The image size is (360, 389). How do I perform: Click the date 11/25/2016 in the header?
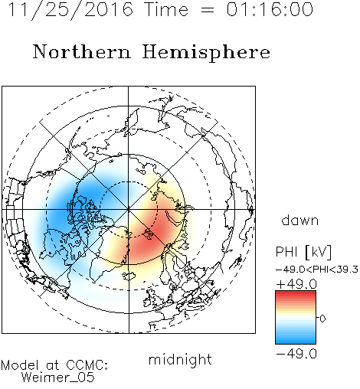(x=70, y=10)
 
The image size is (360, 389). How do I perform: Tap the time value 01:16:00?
(x=270, y=9)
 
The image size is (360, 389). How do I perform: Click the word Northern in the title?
(x=82, y=51)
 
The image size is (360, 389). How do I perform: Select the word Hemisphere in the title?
(x=206, y=53)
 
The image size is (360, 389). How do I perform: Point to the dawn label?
(x=300, y=220)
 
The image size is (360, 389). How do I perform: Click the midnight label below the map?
(x=180, y=360)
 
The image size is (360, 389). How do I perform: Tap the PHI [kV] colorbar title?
(x=303, y=252)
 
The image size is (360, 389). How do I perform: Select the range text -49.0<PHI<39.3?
(x=317, y=270)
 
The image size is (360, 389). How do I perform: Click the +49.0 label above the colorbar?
(x=296, y=284)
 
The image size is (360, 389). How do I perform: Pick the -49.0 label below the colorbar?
(x=296, y=354)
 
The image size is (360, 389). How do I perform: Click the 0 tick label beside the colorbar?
(x=322, y=319)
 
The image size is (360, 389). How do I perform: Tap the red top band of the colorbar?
(x=296, y=294)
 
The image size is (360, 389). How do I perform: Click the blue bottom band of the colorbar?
(x=296, y=341)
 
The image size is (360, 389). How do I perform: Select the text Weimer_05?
(x=58, y=378)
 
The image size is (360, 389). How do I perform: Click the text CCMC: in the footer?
(x=87, y=365)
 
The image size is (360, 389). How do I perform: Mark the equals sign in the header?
(x=207, y=10)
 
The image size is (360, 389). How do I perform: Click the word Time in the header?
(x=166, y=9)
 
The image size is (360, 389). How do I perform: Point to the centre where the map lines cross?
(x=129, y=210)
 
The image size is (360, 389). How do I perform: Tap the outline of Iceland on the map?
(x=129, y=276)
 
